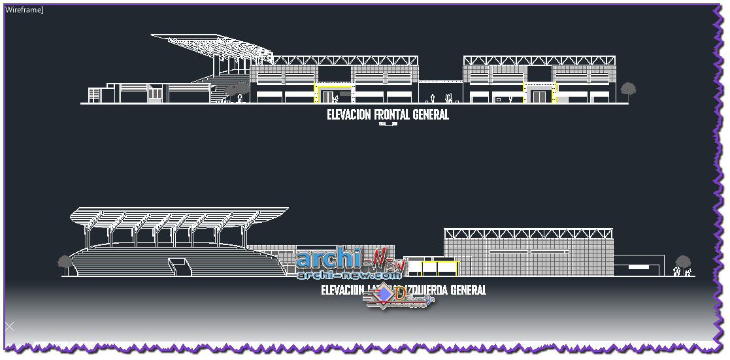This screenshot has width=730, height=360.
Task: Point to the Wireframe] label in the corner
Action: point(24,10)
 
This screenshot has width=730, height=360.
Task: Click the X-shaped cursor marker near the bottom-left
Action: point(9,325)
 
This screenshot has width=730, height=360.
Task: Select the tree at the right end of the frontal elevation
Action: point(628,90)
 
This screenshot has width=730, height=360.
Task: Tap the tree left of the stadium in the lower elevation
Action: point(65,263)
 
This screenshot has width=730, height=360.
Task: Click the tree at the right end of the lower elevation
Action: point(683,263)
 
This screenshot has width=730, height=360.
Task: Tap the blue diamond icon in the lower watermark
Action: point(386,295)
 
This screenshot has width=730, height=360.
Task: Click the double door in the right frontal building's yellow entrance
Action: point(539,97)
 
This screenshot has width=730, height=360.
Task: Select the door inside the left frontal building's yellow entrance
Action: point(327,97)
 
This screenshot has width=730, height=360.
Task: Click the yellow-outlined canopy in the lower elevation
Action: point(439,267)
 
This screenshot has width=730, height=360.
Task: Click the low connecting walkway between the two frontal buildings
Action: point(440,82)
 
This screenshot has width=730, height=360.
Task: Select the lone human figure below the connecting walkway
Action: point(432,99)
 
